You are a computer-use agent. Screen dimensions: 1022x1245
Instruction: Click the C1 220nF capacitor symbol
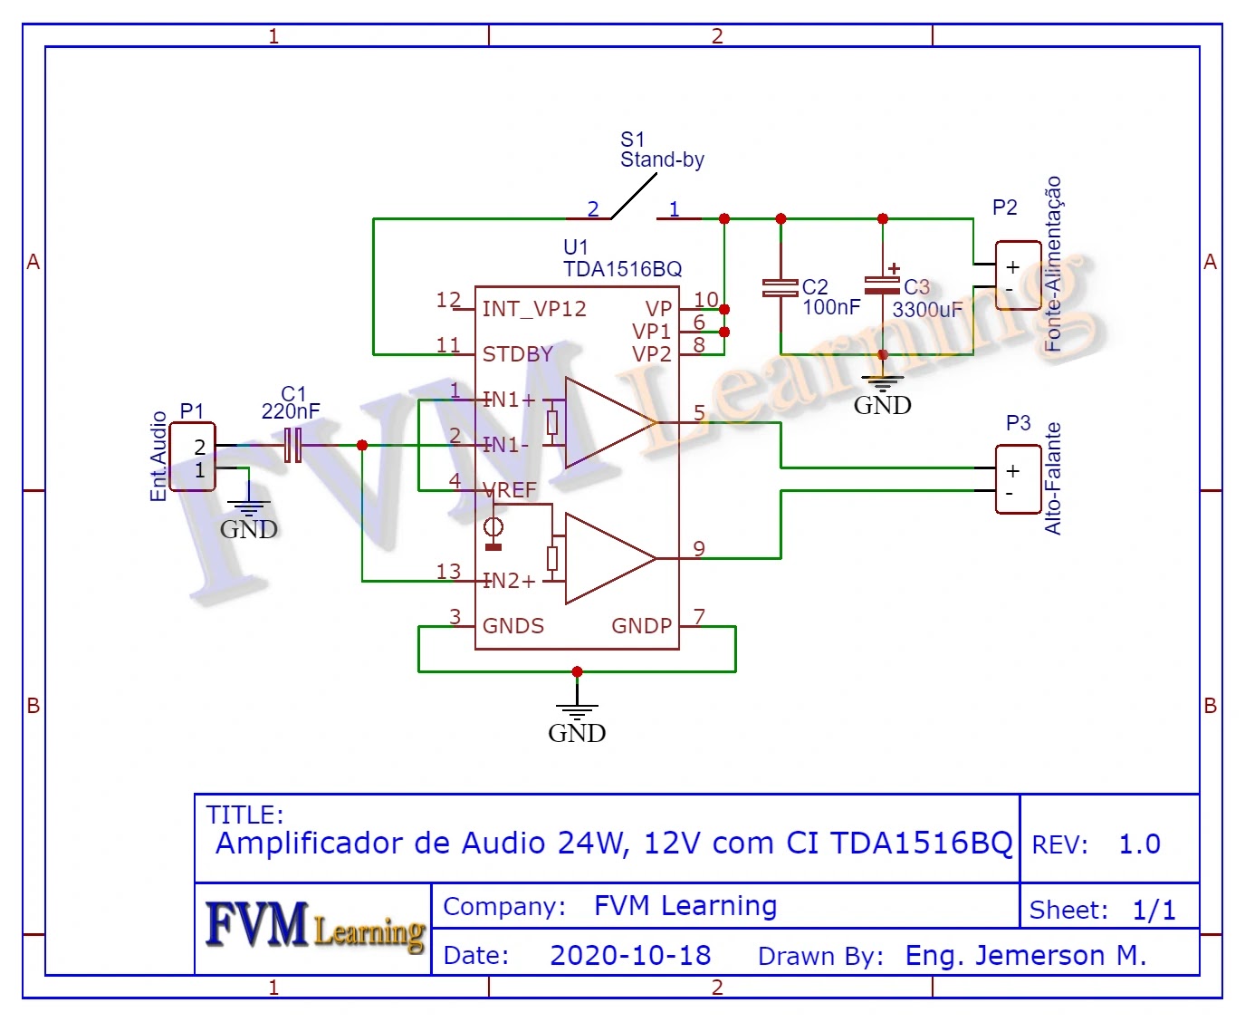coord(292,445)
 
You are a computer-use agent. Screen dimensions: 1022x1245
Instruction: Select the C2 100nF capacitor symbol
coord(781,288)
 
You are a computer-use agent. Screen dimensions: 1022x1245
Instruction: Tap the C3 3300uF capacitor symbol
coord(883,285)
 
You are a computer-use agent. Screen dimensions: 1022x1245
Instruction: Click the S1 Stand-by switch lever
coord(634,196)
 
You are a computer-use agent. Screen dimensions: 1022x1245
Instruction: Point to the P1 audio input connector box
coord(193,458)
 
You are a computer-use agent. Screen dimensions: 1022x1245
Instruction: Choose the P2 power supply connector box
coord(1018,276)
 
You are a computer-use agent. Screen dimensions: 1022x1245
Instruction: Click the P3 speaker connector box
coord(1018,480)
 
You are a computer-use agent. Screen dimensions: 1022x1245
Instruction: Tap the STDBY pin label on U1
coord(517,354)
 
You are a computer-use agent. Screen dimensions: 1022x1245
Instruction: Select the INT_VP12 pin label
coord(534,309)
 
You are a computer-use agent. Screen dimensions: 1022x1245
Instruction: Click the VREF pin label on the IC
coord(511,490)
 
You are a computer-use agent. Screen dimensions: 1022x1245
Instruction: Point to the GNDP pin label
coord(641,626)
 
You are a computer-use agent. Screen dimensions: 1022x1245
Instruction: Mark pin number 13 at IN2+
coord(448,572)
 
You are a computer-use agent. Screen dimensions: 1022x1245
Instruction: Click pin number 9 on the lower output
coord(699,549)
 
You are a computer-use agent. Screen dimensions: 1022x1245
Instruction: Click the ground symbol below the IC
coord(577,714)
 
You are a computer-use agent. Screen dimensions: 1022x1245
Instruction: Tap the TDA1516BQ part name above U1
coord(622,269)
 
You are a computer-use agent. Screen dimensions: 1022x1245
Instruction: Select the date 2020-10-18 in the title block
coord(630,956)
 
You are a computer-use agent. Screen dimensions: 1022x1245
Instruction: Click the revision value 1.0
coord(1139,844)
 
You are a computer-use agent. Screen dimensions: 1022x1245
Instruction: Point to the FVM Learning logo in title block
coord(314,927)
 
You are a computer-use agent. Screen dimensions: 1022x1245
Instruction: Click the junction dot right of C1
coord(362,445)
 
